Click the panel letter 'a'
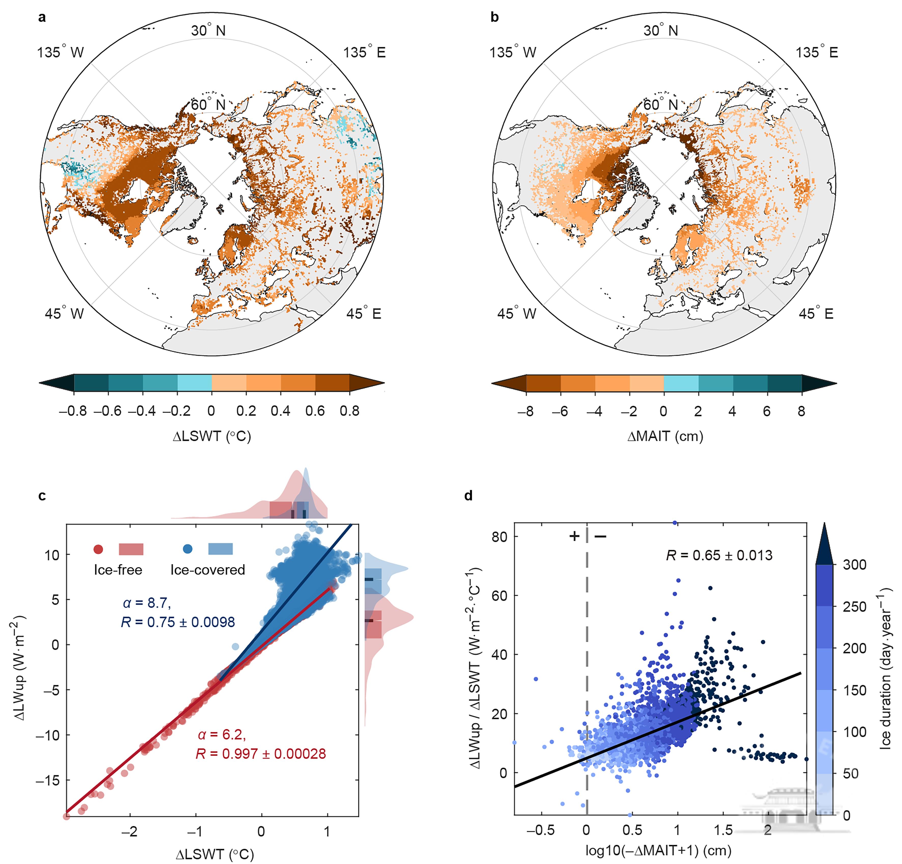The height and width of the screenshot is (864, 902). pos(42,18)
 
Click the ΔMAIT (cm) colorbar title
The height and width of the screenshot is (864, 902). pos(665,436)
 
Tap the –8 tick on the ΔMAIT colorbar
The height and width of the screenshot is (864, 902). pos(525,411)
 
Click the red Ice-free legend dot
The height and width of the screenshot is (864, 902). pos(98,549)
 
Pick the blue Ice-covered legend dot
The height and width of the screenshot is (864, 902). pos(187,549)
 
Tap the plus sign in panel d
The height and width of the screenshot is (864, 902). pos(574,536)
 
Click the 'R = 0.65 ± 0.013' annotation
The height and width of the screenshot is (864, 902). pos(719,555)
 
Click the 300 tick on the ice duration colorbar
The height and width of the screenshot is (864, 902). pos(854,564)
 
